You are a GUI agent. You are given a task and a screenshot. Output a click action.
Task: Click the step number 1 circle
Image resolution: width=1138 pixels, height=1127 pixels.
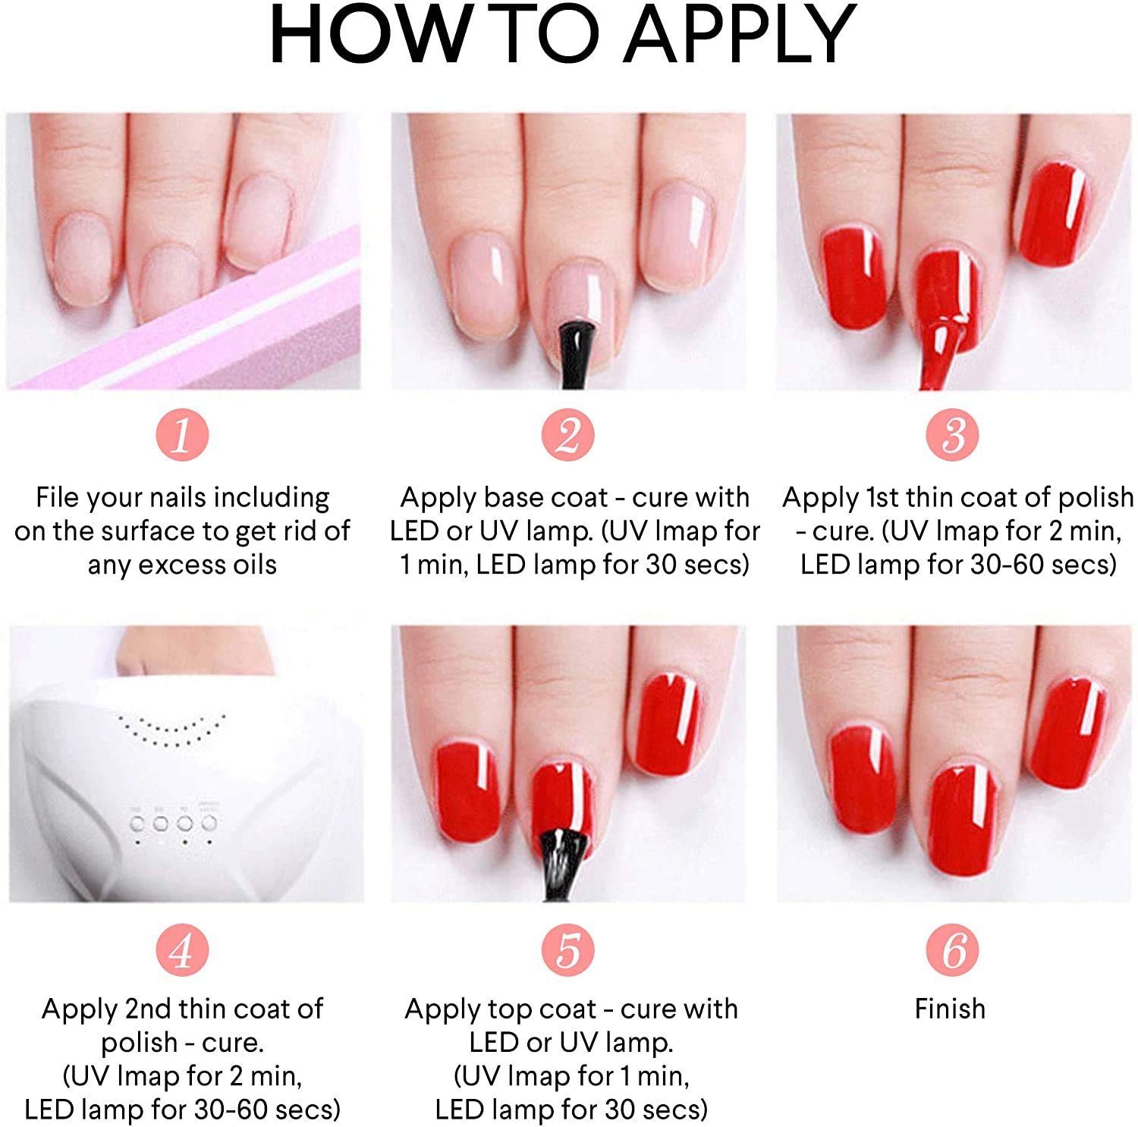pyautogui.click(x=182, y=435)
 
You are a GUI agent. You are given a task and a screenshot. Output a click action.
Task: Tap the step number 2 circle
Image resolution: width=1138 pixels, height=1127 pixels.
pyautogui.click(x=568, y=435)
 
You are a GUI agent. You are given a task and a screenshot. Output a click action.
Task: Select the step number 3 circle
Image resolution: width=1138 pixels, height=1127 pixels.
pyautogui.click(x=952, y=435)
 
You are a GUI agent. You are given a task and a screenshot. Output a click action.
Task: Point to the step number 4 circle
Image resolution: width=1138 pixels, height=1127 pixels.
pyautogui.click(x=182, y=949)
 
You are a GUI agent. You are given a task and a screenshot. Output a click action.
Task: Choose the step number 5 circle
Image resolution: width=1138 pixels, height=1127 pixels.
pyautogui.click(x=568, y=949)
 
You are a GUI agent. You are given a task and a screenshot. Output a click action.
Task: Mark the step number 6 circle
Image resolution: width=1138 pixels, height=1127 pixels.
pyautogui.click(x=952, y=949)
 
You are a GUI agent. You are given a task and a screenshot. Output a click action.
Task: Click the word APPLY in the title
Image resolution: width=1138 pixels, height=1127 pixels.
pyautogui.click(x=740, y=35)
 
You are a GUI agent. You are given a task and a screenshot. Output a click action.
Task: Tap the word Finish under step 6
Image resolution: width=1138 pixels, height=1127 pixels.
pyautogui.click(x=950, y=1009)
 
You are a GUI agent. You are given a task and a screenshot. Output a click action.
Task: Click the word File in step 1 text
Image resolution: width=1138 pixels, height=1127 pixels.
pyautogui.click(x=57, y=497)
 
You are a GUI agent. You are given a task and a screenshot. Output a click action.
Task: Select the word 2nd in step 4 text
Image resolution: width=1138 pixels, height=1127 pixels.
pyautogui.click(x=148, y=1009)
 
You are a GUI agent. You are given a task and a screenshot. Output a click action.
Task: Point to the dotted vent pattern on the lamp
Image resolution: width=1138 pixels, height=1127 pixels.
pyautogui.click(x=173, y=729)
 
